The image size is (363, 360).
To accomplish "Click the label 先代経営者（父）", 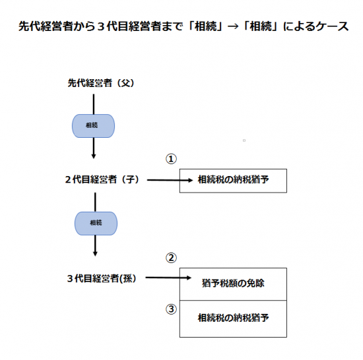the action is (101, 83).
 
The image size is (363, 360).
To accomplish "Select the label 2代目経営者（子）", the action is (102, 179).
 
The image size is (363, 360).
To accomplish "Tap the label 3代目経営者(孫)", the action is (102, 278).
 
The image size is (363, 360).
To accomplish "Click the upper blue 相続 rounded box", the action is (93, 126).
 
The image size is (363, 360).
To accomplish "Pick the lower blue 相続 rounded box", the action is (96, 224).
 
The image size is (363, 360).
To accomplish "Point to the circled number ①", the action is (171, 159).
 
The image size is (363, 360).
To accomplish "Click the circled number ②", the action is (171, 258).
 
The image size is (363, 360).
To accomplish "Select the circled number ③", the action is (171, 309).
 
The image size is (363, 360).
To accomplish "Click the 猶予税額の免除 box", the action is (233, 284).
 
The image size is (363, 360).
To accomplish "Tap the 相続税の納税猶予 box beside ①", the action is (233, 181).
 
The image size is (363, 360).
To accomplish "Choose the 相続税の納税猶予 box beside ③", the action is (233, 319).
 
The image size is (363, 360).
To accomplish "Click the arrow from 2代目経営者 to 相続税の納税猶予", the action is (170, 180).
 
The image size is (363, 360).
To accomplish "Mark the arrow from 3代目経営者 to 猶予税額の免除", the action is (168, 278).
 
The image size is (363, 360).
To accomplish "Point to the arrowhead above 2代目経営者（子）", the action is (94, 156).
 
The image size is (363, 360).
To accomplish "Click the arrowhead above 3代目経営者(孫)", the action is (95, 253).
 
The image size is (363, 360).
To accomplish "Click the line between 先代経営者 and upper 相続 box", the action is (94, 104).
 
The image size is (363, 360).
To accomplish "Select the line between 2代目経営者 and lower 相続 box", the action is (95, 202).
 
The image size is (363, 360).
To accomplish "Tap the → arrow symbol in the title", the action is (233, 26).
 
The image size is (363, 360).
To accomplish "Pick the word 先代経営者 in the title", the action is (46, 26).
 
